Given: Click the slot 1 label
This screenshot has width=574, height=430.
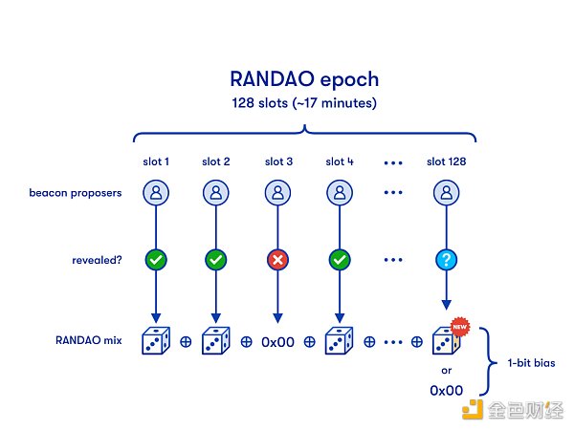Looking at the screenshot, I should coord(154,161).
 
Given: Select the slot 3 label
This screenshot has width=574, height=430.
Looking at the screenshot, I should coord(278,161).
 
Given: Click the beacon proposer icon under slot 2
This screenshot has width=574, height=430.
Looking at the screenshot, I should coord(216,194).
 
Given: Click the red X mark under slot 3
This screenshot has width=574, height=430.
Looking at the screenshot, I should coord(278,260).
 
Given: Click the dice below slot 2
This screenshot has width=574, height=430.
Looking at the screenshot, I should coord(216,341).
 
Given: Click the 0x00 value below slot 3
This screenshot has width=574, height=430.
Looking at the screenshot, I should coord(278,341).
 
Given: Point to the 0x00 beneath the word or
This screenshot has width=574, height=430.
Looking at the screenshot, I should coord(446,390).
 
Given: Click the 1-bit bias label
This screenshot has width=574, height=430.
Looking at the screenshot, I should coord(524,362).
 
